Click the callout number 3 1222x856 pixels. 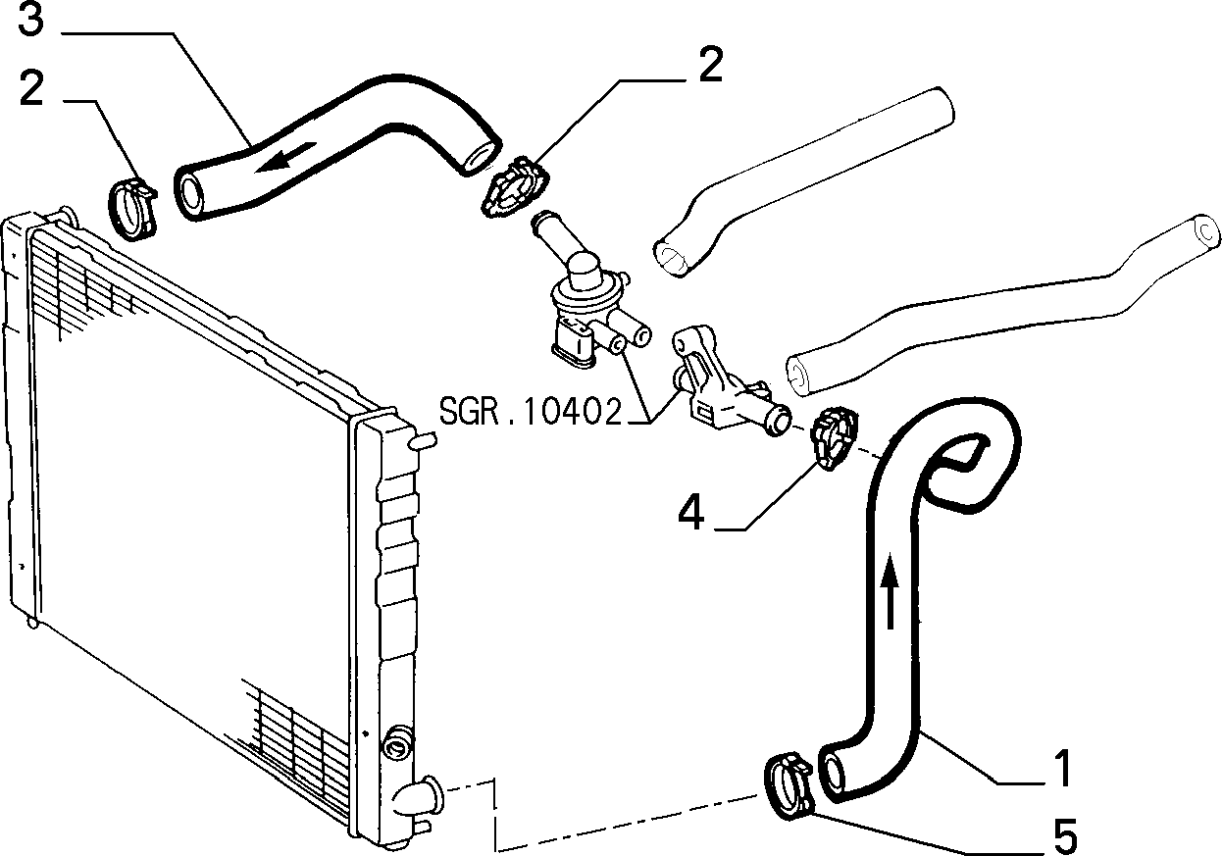[30, 19]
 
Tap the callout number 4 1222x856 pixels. [690, 512]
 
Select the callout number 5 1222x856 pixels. [1064, 835]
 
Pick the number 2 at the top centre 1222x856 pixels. [711, 65]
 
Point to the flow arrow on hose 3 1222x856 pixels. [285, 157]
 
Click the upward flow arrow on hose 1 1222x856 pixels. [890, 589]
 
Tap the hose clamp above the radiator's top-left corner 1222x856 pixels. [133, 209]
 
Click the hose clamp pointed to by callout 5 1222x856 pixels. [789, 785]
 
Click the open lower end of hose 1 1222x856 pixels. [833, 774]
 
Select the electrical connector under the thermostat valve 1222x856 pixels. [574, 344]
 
